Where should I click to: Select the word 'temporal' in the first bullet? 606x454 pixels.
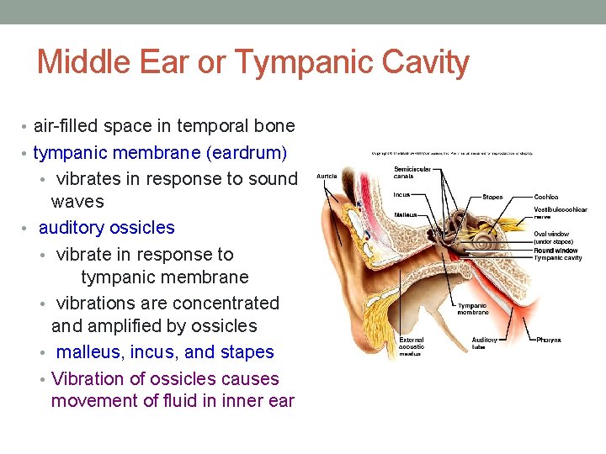point(210,126)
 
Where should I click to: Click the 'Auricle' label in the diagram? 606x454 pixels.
point(327,177)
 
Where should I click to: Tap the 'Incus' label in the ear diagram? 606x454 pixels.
point(401,195)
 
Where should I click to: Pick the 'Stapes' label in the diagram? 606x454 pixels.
point(492,197)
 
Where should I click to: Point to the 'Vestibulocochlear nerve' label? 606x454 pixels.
point(560,213)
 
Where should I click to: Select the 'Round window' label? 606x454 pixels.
point(555,250)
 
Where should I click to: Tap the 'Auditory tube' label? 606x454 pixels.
point(484,343)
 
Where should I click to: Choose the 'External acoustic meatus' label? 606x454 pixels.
point(412,346)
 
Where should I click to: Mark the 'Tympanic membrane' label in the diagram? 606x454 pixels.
point(472,309)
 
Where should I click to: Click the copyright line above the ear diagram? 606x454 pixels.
point(452,153)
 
